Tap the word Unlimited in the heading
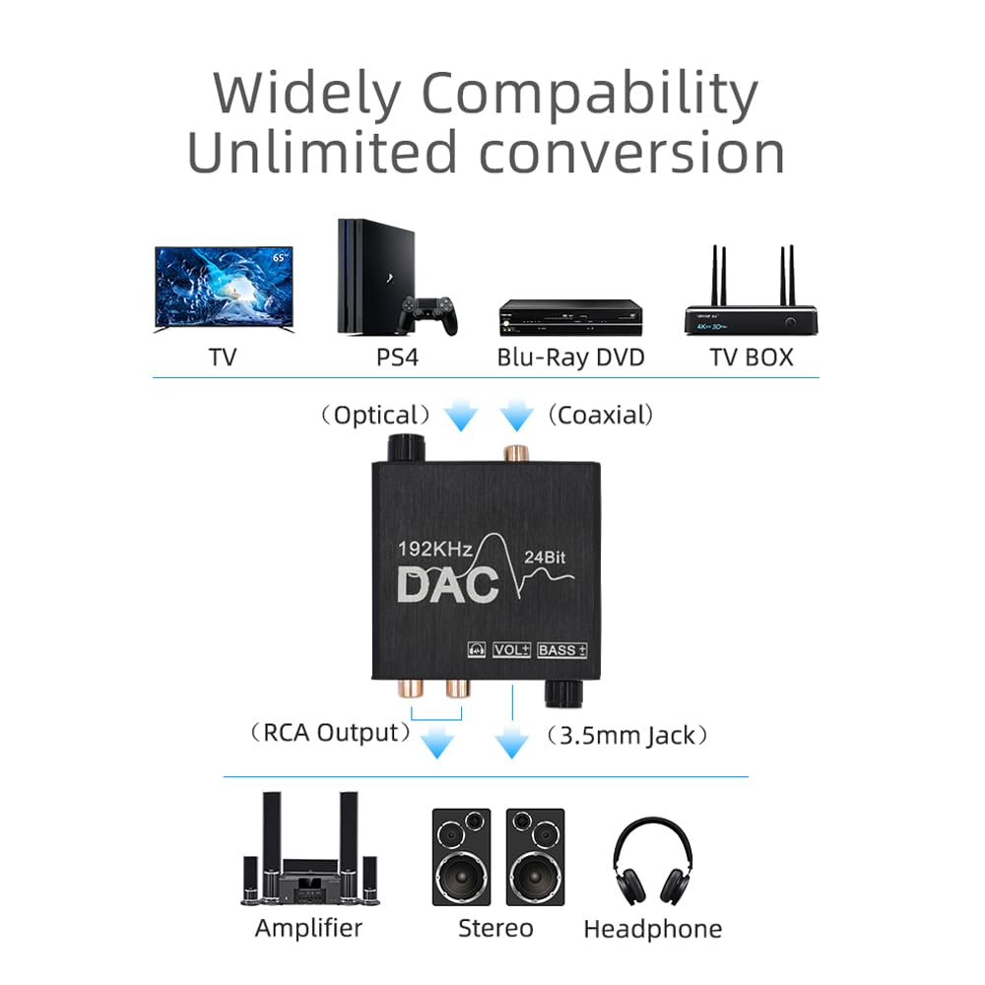pyautogui.click(x=322, y=154)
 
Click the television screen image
pyautogui.click(x=224, y=289)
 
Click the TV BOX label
pyautogui.click(x=752, y=357)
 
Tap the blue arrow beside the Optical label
pyautogui.click(x=461, y=417)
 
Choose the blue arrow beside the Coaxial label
pyautogui.click(x=515, y=417)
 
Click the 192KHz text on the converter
pyautogui.click(x=436, y=549)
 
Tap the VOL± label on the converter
pyautogui.click(x=511, y=649)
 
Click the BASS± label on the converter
pyautogui.click(x=562, y=649)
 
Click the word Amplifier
pyautogui.click(x=308, y=927)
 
